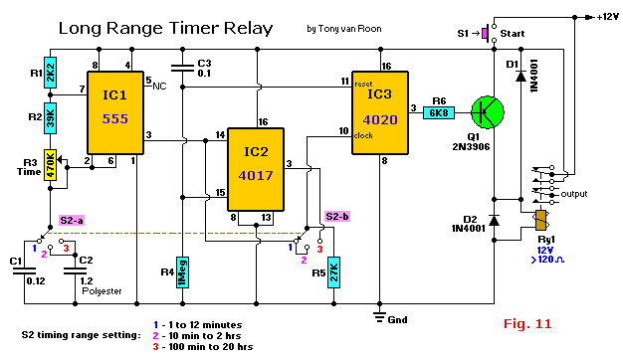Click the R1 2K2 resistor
pos(50,73)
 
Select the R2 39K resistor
pos(50,118)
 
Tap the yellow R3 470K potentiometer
pos(50,165)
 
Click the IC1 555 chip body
pos(115,112)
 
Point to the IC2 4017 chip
pos(256,169)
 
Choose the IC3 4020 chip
pos(380,112)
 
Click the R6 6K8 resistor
pos(439,112)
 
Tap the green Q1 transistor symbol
pos(488,112)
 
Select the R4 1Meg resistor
pos(182,272)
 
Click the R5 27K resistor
pos(333,272)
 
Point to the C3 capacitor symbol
pos(182,69)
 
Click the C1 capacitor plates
pos(24,271)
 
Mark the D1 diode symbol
pos(520,76)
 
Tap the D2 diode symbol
pos(494,221)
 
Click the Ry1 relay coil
pos(540,221)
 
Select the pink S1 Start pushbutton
pos(485,34)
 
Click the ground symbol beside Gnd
pos(379,317)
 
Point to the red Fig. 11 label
pos(527,324)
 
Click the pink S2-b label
pos(337,217)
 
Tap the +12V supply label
pos(607,17)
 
